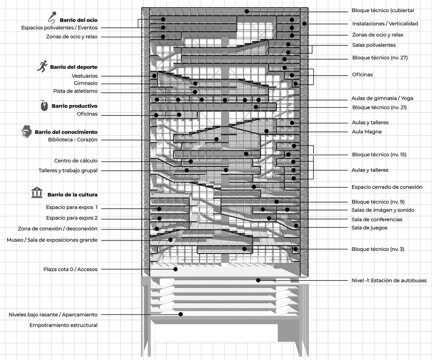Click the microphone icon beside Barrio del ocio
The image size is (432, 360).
pos(52,17)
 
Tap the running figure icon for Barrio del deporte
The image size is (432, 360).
pos(43,66)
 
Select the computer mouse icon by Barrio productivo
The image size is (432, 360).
pos(44,105)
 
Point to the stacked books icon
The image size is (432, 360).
pos(27,131)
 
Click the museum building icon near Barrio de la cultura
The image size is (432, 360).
pos(37,193)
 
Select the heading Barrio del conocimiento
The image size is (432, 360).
pos(66,132)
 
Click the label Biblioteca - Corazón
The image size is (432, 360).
pos(73,140)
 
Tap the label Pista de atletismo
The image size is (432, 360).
pos(75,91)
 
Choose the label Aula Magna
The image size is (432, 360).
pos(367,132)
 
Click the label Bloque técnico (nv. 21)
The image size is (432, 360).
pos(379,107)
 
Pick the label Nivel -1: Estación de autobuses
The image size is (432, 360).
pos(389,280)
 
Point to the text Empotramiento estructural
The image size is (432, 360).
pos(63,325)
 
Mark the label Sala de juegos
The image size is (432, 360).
pos(369,228)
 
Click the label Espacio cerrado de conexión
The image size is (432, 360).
pos(387,187)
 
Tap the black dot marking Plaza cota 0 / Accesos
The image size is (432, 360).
pos(175,269)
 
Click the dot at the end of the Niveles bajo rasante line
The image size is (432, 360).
pos(181,314)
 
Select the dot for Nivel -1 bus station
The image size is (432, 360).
pos(258,280)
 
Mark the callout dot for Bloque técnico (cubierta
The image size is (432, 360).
pos(247,11)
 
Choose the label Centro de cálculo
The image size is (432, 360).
pos(76,161)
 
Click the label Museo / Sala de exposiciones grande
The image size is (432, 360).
pos(52,240)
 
